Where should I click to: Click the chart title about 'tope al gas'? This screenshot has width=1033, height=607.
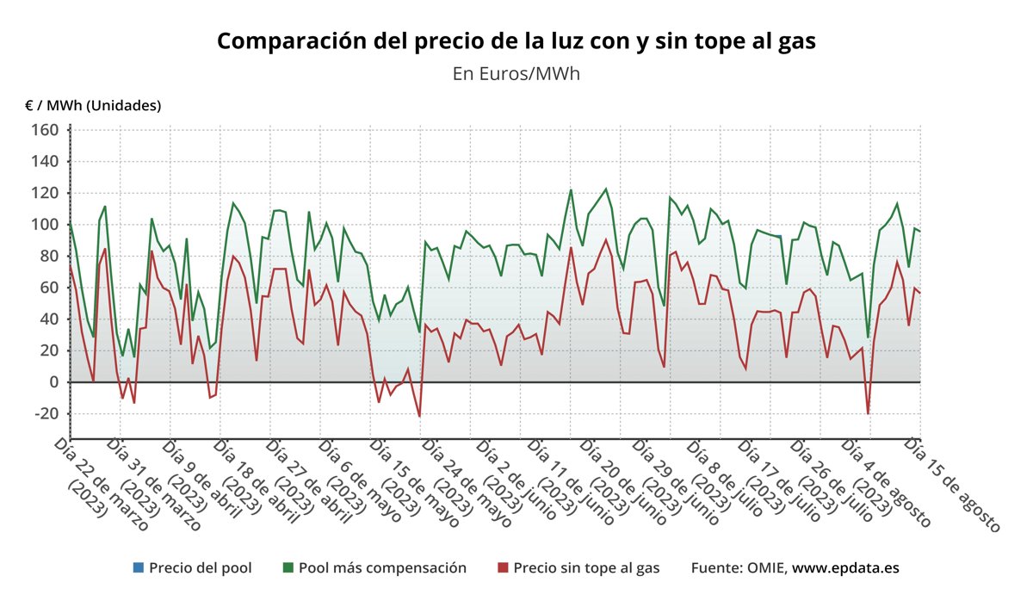coord(516,41)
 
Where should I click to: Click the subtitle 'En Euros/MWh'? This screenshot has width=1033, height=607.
coord(516,73)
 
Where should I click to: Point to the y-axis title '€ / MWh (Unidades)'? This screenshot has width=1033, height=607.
coord(93,105)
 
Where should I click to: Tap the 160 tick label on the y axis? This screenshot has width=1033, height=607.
coord(45,130)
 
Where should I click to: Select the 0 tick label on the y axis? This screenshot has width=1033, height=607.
coord(53,382)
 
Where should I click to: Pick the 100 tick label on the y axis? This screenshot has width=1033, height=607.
coord(45,225)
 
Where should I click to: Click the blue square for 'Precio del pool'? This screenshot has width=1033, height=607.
coord(138,568)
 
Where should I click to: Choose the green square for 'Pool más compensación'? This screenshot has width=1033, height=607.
coord(288,568)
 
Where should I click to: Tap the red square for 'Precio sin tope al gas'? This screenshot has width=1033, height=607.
coord(503,568)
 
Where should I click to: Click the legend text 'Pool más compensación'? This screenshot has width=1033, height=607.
coord(382,568)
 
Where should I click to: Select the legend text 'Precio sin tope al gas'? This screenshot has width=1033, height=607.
coord(586,568)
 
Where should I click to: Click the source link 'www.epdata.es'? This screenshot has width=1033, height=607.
coord(845,568)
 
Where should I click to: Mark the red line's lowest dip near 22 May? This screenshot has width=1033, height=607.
coord(420,417)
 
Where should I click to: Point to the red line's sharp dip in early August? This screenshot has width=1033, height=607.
coord(868,413)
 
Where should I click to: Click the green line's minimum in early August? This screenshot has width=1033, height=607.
coord(868,337)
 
